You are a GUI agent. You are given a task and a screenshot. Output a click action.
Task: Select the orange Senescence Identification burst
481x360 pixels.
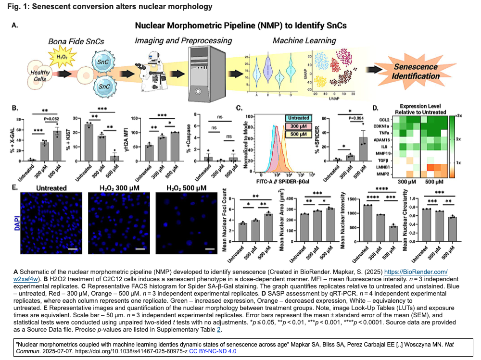click(416, 71)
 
